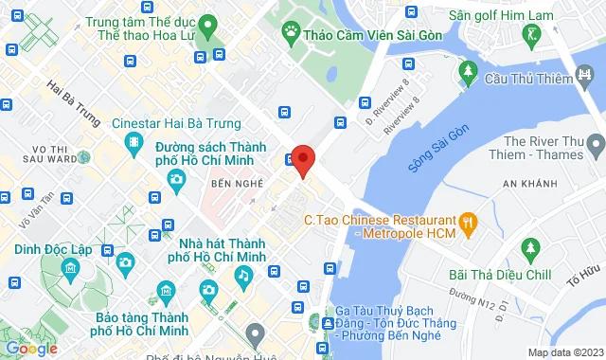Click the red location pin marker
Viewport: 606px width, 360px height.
click(x=302, y=159)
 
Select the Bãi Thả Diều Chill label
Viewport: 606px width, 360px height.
click(x=500, y=275)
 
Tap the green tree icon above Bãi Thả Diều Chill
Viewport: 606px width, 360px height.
click(x=528, y=250)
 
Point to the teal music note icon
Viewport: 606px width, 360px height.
click(x=244, y=275)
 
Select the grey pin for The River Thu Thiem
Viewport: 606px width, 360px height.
click(x=595, y=146)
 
